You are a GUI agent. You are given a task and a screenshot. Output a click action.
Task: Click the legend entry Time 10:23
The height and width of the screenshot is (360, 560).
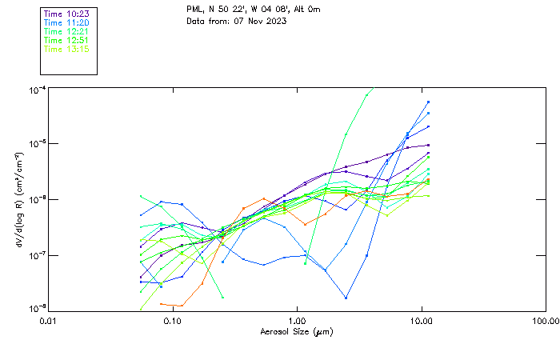coord(66,14)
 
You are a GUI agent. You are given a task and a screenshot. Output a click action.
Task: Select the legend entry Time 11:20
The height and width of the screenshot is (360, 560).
coord(66,22)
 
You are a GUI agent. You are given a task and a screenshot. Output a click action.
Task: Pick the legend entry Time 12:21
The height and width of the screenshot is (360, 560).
coord(66,31)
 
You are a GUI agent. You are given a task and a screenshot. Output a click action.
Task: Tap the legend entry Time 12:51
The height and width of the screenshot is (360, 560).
coord(66,40)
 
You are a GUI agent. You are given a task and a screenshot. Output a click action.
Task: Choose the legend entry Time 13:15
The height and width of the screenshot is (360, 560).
coord(66,49)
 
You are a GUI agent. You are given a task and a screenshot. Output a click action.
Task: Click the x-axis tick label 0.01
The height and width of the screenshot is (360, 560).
coord(48,321)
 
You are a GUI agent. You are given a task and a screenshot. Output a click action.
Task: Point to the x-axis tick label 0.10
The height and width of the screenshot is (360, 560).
coord(172,321)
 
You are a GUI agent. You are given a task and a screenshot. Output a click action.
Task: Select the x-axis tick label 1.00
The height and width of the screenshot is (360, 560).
coord(297,321)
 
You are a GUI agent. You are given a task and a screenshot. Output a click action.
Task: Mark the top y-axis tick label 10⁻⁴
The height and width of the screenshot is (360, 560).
coord(36,89)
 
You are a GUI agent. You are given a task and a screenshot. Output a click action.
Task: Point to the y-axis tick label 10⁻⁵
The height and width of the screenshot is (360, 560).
coord(36,144)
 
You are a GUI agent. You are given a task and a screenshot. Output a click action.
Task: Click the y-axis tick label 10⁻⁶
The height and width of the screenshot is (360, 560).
coord(36,199)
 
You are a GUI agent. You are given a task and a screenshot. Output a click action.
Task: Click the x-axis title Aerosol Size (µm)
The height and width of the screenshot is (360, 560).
coord(297,331)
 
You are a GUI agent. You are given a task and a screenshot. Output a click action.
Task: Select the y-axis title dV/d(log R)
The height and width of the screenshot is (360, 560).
coord(18,200)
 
